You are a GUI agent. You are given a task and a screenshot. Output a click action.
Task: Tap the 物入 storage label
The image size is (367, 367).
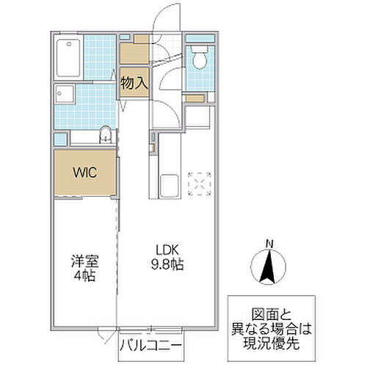click(134, 83)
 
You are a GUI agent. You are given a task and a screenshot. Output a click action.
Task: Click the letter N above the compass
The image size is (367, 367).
click(269, 244)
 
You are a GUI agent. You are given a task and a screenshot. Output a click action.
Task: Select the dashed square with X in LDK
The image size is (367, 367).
click(200, 183)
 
